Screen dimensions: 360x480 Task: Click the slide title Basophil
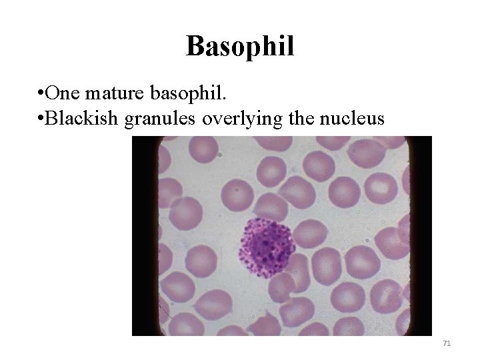240,46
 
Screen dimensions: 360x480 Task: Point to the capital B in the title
195,46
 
